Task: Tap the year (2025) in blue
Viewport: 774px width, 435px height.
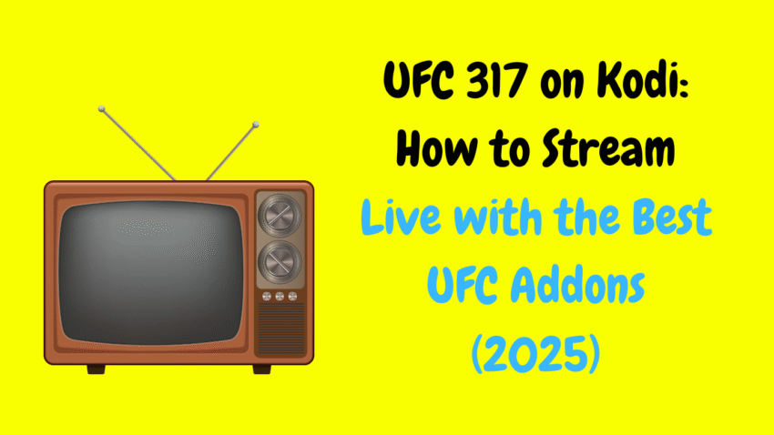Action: point(535,354)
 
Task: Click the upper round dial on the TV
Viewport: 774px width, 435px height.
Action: point(280,215)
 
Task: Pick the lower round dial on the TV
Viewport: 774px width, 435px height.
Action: point(280,261)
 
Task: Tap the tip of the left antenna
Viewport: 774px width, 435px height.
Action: point(101,108)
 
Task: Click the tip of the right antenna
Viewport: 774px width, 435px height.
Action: point(256,125)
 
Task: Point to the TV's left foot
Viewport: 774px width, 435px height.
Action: point(97,369)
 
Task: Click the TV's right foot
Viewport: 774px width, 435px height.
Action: point(262,369)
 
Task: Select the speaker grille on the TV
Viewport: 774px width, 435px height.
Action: point(281,329)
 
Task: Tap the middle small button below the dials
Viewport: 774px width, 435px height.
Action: point(280,296)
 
